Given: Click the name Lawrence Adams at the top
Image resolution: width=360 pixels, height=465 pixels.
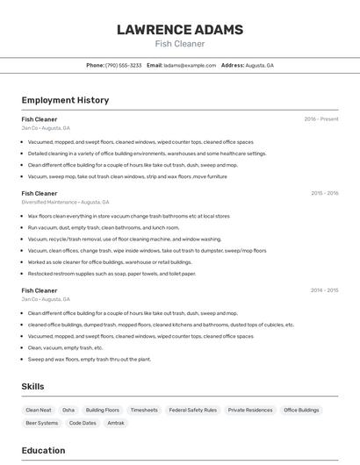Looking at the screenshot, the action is point(179,30).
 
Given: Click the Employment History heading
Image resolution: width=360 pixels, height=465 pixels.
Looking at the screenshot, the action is point(65,100).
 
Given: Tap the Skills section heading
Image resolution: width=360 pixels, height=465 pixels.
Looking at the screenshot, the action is point(32,386).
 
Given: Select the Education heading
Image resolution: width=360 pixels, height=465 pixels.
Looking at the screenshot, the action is point(43,450).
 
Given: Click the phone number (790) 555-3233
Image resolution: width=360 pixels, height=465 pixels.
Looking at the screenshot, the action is point(123,65).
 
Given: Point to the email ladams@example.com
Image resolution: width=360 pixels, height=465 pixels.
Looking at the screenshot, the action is point(190,65).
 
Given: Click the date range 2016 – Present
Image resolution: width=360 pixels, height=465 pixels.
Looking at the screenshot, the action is point(320,119).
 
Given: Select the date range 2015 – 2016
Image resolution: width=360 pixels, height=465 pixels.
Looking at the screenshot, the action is point(324,193).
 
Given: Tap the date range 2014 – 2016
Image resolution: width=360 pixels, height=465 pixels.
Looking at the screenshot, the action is point(324,290).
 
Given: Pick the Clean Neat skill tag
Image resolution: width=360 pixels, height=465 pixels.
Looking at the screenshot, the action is point(39,410).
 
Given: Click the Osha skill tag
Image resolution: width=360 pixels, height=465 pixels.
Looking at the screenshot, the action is point(68,410).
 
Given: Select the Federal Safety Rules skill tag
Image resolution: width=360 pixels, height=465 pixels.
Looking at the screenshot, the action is point(192,410).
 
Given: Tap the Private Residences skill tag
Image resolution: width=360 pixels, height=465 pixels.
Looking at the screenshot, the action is point(250,410).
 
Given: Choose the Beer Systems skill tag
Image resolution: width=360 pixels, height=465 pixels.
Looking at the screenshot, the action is point(42,423).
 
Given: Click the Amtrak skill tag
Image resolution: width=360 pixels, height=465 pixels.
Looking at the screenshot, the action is point(116,423).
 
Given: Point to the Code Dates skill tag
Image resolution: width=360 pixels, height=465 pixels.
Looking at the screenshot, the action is point(83,423).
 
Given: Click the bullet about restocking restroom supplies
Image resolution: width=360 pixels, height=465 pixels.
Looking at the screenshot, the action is point(112,273).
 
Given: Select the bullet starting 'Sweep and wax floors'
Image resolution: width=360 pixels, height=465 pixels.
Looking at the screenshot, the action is point(89,359).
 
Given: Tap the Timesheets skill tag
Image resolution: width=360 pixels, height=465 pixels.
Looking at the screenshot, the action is point(144,410).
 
